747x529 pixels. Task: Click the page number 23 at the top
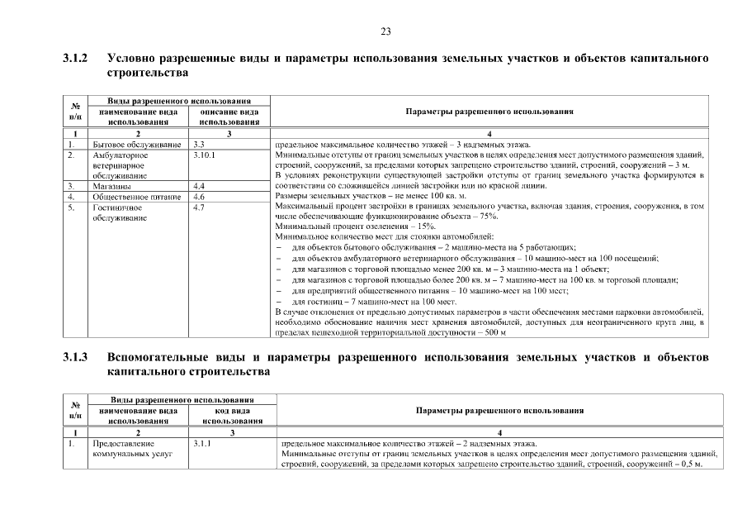(x=385, y=31)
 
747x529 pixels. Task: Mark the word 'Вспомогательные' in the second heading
(x=170, y=358)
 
